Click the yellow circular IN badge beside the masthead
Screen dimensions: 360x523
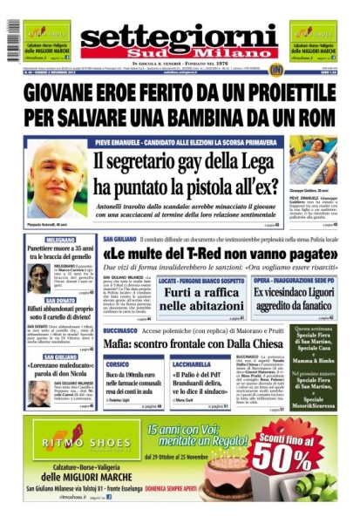(x=275, y=69)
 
